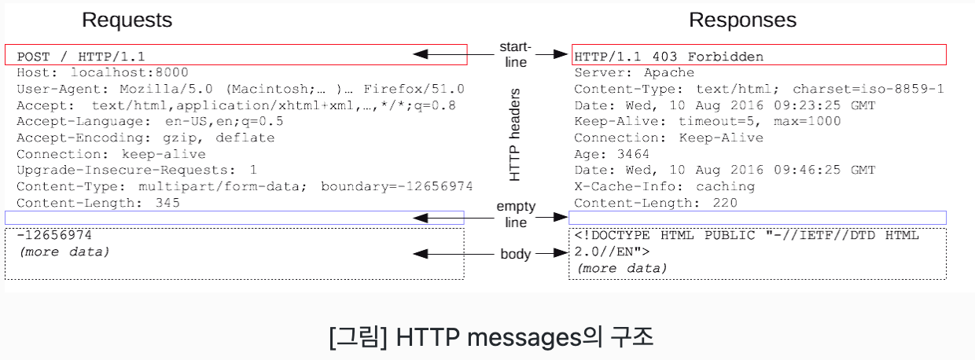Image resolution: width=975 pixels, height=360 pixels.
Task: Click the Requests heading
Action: pos(127,20)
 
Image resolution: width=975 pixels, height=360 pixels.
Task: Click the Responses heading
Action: pos(742,20)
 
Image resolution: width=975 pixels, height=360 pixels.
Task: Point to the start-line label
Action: pos(516,55)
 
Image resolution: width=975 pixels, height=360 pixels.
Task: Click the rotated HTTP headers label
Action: pos(515,134)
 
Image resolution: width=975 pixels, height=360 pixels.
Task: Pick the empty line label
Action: pos(516,215)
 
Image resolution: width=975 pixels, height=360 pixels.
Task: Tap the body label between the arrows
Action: pos(516,254)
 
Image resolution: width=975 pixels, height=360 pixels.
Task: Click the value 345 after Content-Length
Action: pos(167,203)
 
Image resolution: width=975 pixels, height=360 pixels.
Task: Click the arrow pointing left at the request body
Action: pos(441,254)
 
